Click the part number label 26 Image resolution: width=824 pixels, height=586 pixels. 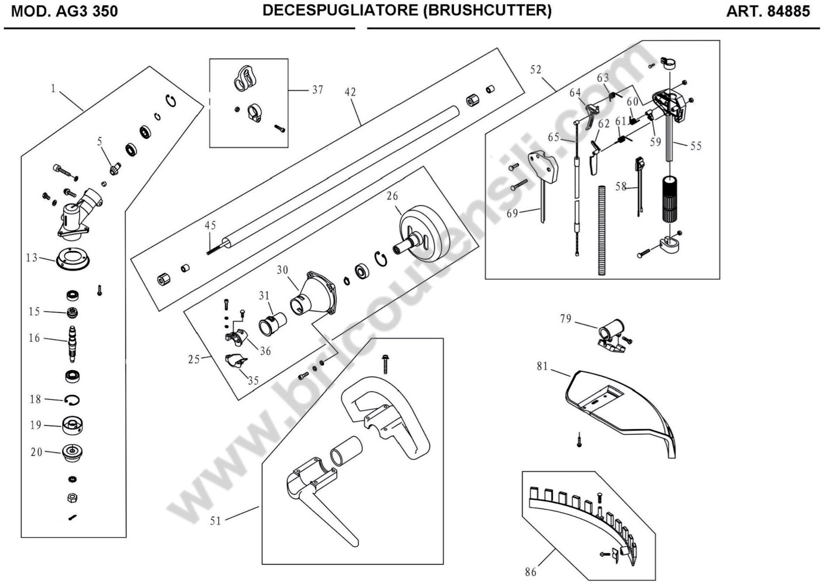click(x=392, y=196)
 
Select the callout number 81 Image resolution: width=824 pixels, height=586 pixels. click(x=542, y=366)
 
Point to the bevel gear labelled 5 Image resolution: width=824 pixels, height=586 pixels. click(x=115, y=168)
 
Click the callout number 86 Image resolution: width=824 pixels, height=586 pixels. click(x=531, y=572)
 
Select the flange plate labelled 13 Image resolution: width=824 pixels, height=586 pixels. click(x=73, y=258)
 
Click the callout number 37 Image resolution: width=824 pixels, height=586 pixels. click(x=318, y=89)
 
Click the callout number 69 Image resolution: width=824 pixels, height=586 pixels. click(x=512, y=213)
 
